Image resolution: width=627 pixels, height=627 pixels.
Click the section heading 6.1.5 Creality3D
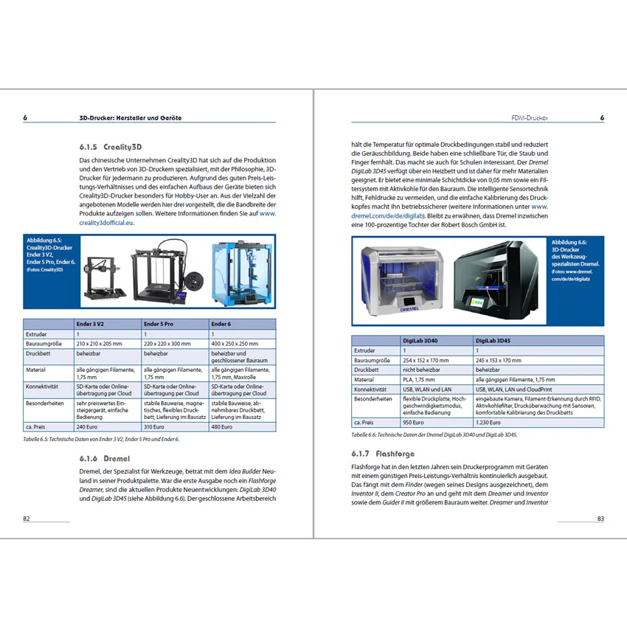pyautogui.click(x=111, y=147)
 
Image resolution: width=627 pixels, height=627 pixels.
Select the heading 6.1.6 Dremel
pyautogui.click(x=104, y=458)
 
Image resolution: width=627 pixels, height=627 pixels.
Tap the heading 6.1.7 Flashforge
pyautogui.click(x=383, y=454)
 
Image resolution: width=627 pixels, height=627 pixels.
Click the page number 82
pyautogui.click(x=27, y=519)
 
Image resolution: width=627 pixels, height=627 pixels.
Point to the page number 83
pyautogui.click(x=600, y=519)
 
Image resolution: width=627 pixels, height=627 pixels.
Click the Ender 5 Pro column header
pyautogui.click(x=159, y=324)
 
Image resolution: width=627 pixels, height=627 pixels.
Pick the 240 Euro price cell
pyautogui.click(x=87, y=426)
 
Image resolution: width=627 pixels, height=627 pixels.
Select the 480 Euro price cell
pyautogui.click(x=221, y=426)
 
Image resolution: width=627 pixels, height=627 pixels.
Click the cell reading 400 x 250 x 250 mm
pyautogui.click(x=235, y=344)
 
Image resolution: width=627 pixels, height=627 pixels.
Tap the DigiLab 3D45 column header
pyautogui.click(x=493, y=341)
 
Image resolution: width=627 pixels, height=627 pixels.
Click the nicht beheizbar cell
pyautogui.click(x=421, y=370)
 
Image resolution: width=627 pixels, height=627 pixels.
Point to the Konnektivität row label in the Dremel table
pyautogui.click(x=370, y=389)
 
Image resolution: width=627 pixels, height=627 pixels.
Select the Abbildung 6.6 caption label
pyautogui.click(x=569, y=242)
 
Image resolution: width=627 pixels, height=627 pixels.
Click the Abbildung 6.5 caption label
pyautogui.click(x=44, y=240)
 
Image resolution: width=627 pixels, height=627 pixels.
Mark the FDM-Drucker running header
pyautogui.click(x=530, y=118)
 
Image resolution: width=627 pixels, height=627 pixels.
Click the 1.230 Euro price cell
pyautogui.click(x=488, y=422)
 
